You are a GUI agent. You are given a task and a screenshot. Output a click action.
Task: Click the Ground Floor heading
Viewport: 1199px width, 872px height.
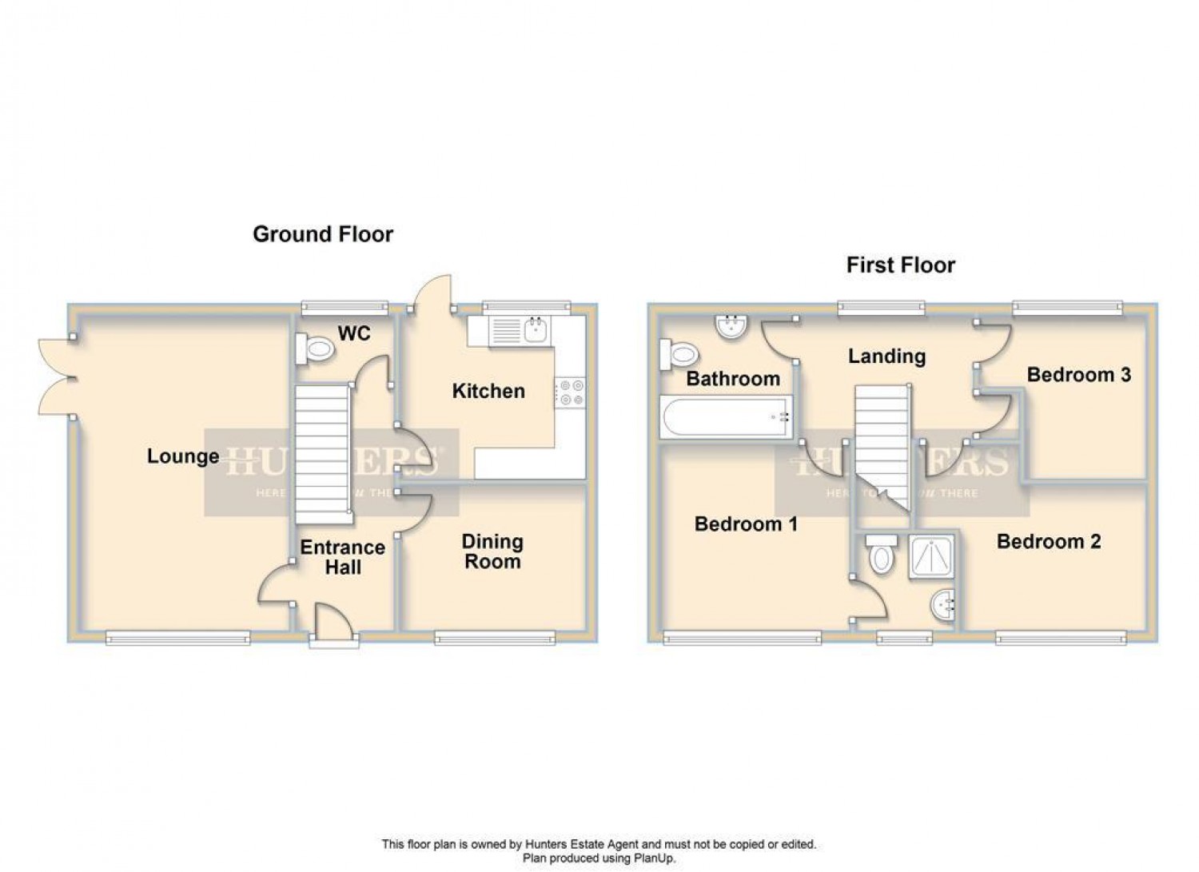click(x=323, y=234)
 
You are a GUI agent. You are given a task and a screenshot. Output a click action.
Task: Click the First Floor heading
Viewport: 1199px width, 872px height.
click(x=901, y=265)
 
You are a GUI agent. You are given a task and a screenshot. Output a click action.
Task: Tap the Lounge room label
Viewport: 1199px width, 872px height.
click(x=183, y=456)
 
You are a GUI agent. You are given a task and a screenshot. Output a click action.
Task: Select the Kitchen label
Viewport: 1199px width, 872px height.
click(x=488, y=391)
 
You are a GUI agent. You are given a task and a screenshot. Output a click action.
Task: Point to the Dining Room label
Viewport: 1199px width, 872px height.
click(x=492, y=551)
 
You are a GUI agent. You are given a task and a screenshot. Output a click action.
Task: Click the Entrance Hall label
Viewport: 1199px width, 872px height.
click(x=342, y=557)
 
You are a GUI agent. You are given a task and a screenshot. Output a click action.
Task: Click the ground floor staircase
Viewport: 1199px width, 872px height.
click(x=324, y=452)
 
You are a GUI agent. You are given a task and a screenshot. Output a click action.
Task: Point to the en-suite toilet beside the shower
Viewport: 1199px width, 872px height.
click(x=880, y=554)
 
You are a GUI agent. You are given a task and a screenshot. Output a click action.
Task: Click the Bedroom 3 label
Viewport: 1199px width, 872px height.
click(x=1078, y=375)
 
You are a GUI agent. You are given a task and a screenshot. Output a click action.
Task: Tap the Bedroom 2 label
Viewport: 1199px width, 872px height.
click(x=1049, y=542)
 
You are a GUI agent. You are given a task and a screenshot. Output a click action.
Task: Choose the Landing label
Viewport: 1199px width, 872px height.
click(x=886, y=356)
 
